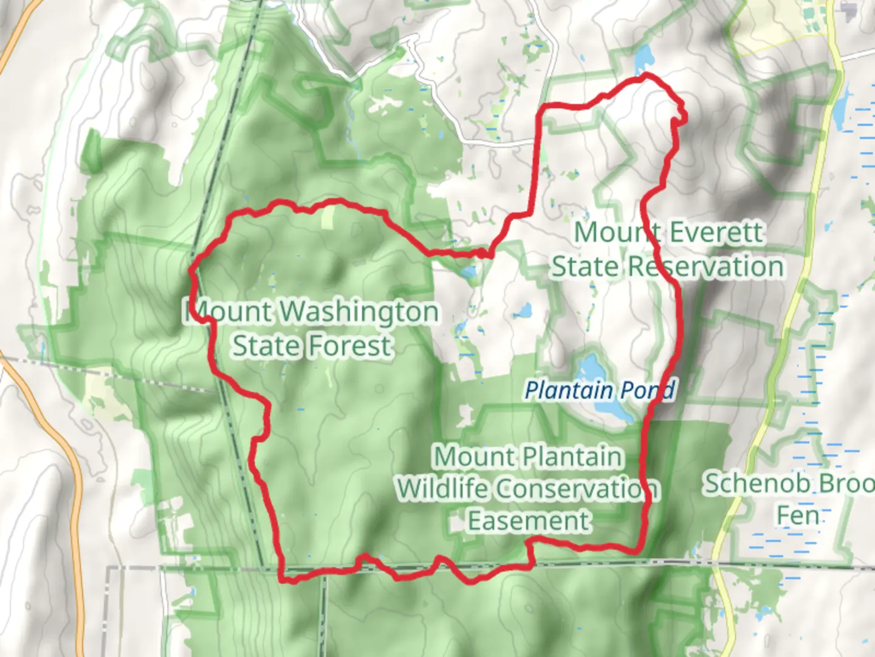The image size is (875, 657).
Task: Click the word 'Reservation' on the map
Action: click(705, 267)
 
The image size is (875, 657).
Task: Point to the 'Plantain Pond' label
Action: click(599, 390)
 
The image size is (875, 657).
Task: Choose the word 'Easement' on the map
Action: click(529, 521)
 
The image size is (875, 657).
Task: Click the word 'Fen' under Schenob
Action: click(797, 516)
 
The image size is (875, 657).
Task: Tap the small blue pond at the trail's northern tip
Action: click(643, 58)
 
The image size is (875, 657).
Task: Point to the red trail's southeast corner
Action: click(637, 551)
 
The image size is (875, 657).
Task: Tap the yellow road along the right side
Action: click(790, 316)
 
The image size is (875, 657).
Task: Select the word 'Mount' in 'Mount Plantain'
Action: click(468, 457)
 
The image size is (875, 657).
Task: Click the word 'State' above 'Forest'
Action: click(267, 346)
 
